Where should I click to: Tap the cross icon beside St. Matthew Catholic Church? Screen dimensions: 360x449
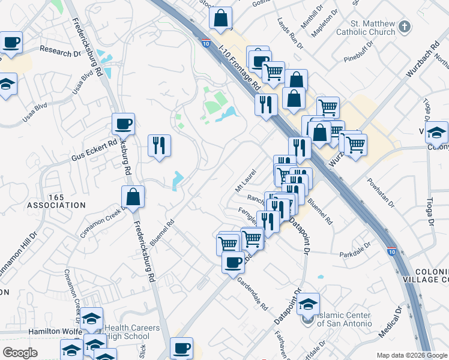[405, 26]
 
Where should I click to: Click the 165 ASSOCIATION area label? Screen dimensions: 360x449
[56, 201]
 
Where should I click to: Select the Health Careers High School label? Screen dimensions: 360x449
[132, 332]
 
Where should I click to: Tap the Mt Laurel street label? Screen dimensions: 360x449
[246, 176]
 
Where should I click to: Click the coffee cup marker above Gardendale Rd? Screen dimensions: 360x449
[233, 261]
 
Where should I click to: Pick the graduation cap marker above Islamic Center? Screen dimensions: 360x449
[308, 304]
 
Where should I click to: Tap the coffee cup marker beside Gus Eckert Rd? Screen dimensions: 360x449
[123, 124]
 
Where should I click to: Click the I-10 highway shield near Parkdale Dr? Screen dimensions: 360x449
[391, 253]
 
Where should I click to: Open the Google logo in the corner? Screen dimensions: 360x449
[19, 353]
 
